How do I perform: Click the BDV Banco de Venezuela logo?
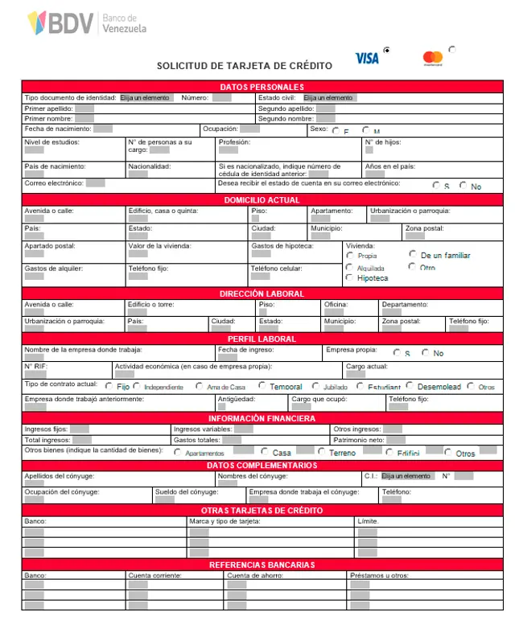point(87,24)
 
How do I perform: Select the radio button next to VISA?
point(387,51)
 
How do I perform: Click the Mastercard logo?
point(432,58)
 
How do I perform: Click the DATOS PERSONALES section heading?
point(262,87)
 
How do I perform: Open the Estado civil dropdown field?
point(329,98)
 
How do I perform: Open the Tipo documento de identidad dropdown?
point(146,98)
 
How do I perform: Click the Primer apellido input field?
point(84,109)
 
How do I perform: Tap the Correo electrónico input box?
point(95,183)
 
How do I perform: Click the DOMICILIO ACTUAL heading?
point(262,200)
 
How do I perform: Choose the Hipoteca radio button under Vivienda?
point(349,277)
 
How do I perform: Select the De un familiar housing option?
point(413,255)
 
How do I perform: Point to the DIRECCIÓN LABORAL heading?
point(262,294)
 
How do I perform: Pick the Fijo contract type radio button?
point(110,387)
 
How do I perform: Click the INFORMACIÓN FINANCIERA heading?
point(262,419)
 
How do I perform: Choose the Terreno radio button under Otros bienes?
point(322,452)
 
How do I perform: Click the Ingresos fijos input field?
point(79,429)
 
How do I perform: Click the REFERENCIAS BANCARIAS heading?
point(262,565)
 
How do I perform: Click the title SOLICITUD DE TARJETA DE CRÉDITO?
point(244,66)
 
